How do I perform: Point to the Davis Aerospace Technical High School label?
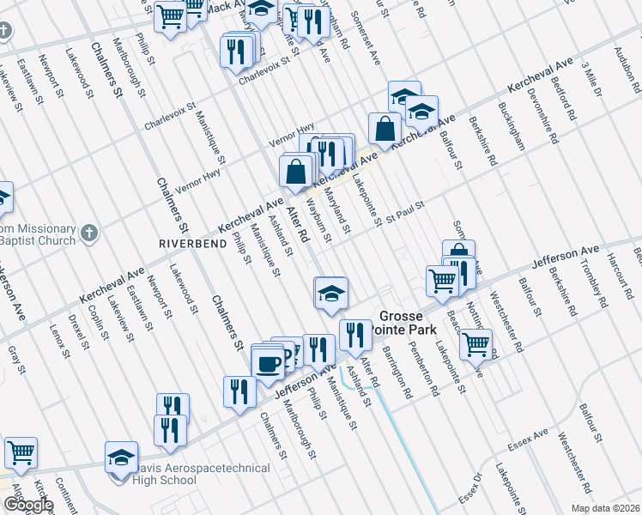(x=199, y=475)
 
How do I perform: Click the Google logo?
(x=28, y=505)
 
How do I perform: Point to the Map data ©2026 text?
(x=604, y=508)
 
